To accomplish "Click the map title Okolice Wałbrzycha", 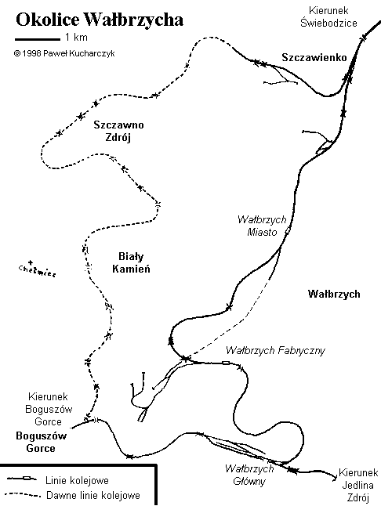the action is tap(100, 20).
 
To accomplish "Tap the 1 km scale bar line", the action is tap(38, 39).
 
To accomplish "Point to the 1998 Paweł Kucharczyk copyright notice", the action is tap(64, 53).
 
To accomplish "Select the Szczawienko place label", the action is tap(314, 57).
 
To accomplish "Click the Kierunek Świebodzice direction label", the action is tap(328, 16).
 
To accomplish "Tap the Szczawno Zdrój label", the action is tap(118, 131).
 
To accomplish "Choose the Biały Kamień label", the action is tap(131, 262).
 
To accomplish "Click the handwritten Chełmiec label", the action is tap(37, 269).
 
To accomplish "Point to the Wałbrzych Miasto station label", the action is tap(262, 226).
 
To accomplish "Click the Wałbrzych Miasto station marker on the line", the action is tap(287, 231).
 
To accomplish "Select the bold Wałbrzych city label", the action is tap(334, 294).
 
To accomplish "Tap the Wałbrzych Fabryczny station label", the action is tap(275, 350).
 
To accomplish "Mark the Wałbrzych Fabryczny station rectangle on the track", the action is tap(226, 363).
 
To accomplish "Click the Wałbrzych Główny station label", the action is tap(249, 475).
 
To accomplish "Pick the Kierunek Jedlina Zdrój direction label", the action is tap(357, 485).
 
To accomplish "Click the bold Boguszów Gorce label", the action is tap(41, 442).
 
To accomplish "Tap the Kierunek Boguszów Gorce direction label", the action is tap(49, 409).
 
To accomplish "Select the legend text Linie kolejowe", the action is tap(77, 480).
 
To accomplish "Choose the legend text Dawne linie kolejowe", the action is tap(93, 495).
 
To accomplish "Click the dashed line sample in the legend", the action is tap(23, 495).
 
